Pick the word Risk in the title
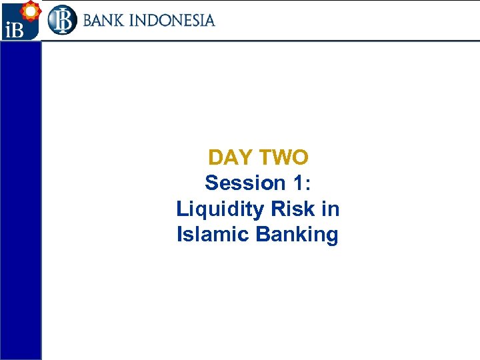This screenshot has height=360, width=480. pos(293,209)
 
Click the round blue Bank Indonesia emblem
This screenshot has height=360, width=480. pos(62,20)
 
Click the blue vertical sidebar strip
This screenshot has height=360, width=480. pos(21,200)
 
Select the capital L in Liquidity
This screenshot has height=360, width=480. pos(182,209)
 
